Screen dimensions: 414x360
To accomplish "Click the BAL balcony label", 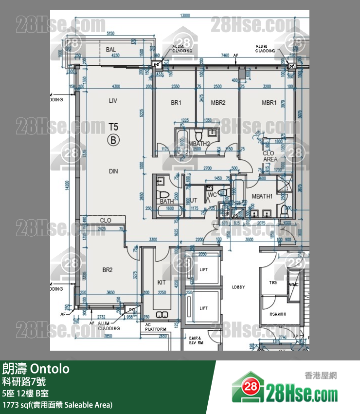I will (111, 50).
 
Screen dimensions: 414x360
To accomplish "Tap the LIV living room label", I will (113, 101).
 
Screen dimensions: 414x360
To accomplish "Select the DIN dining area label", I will (113, 171).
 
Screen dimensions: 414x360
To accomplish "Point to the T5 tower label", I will (113, 128).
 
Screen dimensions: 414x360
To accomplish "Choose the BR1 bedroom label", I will (176, 103).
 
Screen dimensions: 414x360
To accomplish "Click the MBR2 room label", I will (218, 103).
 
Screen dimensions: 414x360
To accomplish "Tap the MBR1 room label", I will (269, 103).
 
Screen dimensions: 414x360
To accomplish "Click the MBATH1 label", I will (262, 196).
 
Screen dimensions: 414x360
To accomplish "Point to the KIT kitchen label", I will (162, 282).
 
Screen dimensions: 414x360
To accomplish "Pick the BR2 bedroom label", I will (108, 270).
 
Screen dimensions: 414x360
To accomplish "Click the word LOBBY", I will (239, 287).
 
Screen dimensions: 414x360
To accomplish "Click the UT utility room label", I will (193, 200).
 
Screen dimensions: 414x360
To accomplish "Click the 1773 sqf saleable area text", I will (57, 405).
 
